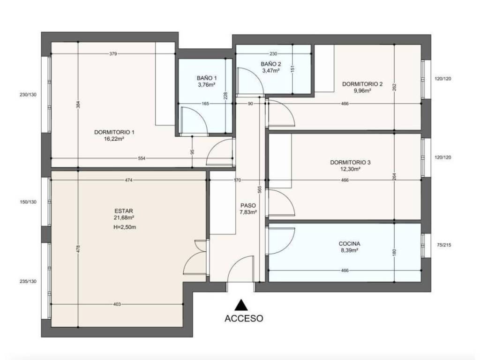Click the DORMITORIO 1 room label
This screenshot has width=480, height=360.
coord(114,132)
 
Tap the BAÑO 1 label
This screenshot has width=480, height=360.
coord(207,78)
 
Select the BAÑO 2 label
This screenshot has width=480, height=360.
coord(271,64)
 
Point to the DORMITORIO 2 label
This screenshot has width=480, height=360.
coord(362,84)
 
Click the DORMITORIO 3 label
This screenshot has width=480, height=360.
coord(350,162)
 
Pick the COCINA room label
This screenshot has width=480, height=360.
coord(349,244)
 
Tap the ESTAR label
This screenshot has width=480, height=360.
coord(124,211)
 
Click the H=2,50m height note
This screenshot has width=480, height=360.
coord(125,227)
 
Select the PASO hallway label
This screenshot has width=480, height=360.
coord(248,205)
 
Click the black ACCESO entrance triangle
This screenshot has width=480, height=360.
coord(241,305)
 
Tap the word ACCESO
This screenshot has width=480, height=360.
coord(244,318)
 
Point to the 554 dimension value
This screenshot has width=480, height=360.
coord(142,158)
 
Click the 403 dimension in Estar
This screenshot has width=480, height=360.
coord(117,304)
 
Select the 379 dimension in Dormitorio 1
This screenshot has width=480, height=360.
coord(113,54)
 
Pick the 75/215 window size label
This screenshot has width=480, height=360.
coord(444,245)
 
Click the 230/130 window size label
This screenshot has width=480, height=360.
coord(28,95)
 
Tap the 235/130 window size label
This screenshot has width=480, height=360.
coord(28,281)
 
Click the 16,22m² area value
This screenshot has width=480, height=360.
coord(114,139)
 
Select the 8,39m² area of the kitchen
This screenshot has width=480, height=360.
coord(349,250)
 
